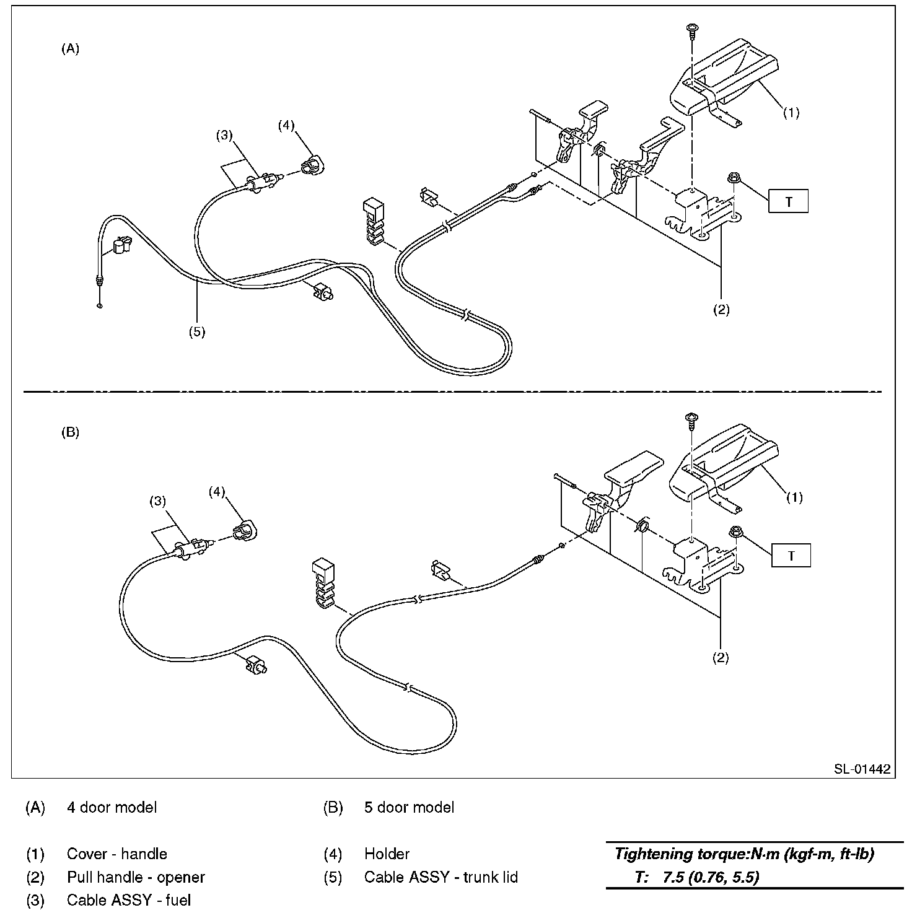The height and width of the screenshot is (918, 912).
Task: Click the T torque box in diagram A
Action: click(x=788, y=201)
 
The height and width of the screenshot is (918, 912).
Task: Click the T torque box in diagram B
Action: click(x=791, y=556)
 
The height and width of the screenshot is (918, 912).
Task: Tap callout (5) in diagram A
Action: click(x=196, y=331)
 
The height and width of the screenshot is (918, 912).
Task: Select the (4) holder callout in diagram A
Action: click(x=286, y=125)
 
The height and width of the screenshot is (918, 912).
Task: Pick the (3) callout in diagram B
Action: click(x=159, y=502)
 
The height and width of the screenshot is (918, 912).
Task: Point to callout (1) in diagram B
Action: click(x=794, y=497)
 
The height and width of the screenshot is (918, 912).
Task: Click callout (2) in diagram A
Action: click(x=721, y=310)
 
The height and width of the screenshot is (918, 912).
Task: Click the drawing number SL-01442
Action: click(x=861, y=769)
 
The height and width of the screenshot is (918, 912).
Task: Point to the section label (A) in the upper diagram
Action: click(x=70, y=50)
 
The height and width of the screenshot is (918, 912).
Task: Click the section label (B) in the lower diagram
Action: click(x=70, y=432)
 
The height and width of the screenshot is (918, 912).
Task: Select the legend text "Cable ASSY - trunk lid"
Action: click(x=441, y=877)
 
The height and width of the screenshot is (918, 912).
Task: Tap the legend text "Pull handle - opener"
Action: click(x=136, y=877)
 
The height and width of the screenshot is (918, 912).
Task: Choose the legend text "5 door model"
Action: click(x=409, y=807)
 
